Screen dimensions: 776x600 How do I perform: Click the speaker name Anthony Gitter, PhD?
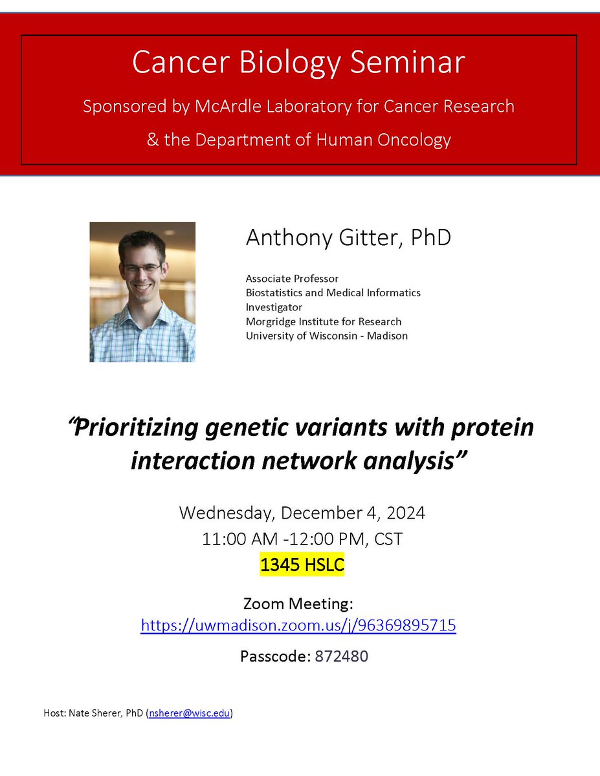(x=348, y=237)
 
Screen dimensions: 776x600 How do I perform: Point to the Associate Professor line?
(x=292, y=279)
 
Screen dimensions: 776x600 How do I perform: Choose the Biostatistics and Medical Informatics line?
(x=333, y=293)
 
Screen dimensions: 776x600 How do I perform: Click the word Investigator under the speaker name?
(x=274, y=307)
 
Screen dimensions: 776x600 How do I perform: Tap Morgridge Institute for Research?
(x=323, y=321)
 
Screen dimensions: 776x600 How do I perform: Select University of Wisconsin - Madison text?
(x=326, y=336)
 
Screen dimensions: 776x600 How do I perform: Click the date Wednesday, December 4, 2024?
(x=302, y=513)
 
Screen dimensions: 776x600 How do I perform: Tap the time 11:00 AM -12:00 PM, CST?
(x=302, y=539)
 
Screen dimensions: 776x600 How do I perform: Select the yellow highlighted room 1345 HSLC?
(x=302, y=565)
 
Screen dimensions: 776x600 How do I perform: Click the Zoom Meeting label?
(x=298, y=604)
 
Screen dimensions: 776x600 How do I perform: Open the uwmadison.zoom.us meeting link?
(x=298, y=625)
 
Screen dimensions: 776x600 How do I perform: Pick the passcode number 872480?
(x=342, y=656)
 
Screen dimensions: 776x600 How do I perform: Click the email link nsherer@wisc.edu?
(x=188, y=714)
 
